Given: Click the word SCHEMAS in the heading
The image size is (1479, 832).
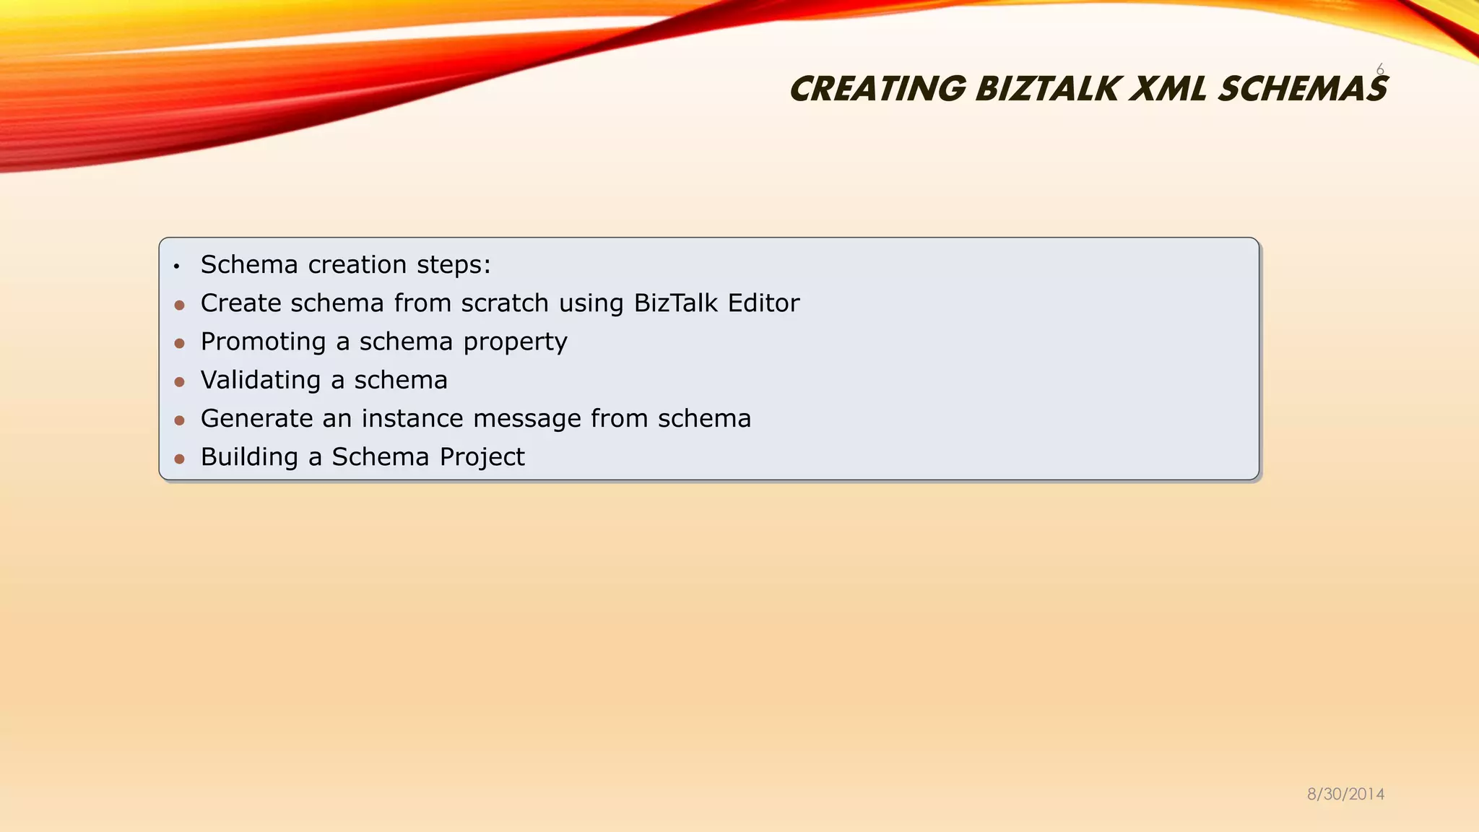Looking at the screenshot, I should click(x=1302, y=90).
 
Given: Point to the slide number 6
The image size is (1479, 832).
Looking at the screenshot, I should click(x=1379, y=69).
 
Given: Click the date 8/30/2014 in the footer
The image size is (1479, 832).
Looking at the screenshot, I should click(x=1345, y=794).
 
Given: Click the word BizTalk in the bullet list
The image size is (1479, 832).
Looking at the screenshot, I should click(x=676, y=303).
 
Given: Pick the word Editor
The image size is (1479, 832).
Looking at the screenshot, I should click(x=763, y=303).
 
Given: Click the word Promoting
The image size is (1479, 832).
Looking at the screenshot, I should click(x=263, y=342).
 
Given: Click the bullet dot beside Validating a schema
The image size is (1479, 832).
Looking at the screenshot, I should click(x=180, y=382).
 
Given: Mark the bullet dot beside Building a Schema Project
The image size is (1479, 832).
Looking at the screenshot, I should click(x=180, y=459).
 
